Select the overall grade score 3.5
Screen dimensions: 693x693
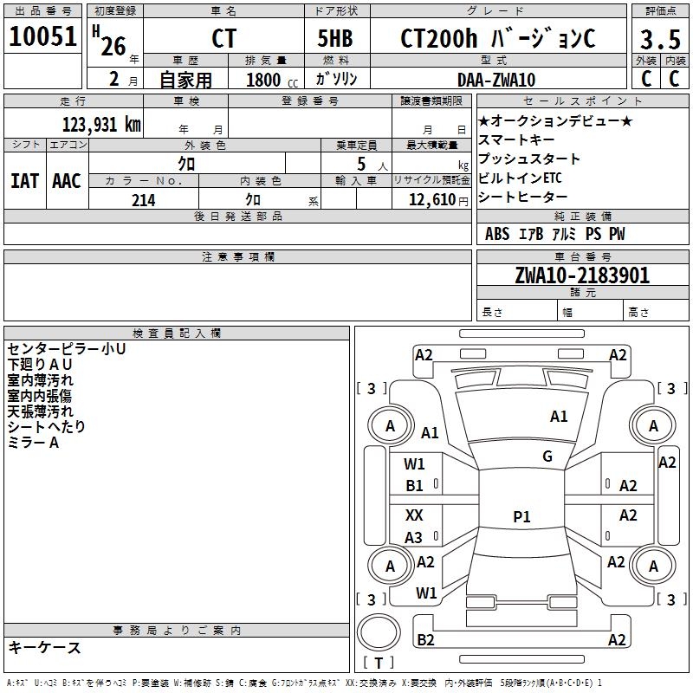[x=660, y=40]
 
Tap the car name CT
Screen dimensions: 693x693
[x=223, y=40]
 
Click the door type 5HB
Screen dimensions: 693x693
[x=335, y=40]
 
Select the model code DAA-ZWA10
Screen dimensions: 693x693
[x=496, y=80]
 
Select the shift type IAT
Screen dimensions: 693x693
[x=24, y=181]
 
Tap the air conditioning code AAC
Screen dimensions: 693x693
[x=67, y=181]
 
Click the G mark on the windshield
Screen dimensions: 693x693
[x=547, y=457]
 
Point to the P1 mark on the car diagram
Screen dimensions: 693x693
[x=521, y=517]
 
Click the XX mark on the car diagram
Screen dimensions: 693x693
[x=414, y=515]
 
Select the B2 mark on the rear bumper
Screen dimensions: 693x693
[x=425, y=640]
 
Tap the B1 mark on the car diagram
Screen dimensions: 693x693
[x=415, y=486]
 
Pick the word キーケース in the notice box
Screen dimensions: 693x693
[x=45, y=648]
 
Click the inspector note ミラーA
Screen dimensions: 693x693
[x=33, y=443]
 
